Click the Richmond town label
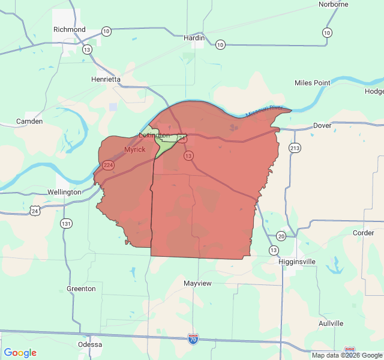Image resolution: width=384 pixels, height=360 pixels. [x=70, y=29]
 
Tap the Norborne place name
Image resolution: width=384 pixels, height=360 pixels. [x=334, y=4]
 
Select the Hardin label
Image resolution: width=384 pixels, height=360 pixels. [x=194, y=38]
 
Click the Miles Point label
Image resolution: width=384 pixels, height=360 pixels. [x=313, y=83]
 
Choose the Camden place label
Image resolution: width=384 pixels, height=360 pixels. [x=29, y=121]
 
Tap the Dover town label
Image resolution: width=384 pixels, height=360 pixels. [x=322, y=126]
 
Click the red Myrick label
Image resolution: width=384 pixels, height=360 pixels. [x=134, y=149]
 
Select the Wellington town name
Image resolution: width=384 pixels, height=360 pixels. [x=64, y=192]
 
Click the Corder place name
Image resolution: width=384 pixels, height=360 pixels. [x=364, y=233]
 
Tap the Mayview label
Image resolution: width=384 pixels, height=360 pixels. [x=197, y=283]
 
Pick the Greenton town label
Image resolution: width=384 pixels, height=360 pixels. [x=81, y=289]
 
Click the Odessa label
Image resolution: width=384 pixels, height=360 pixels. [x=90, y=344]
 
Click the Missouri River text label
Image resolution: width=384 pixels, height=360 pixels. [x=264, y=111]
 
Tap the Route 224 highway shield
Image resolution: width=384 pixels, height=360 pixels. [x=108, y=165]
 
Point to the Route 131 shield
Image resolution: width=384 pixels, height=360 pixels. [x=66, y=223]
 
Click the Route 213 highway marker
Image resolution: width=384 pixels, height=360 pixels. [x=295, y=148]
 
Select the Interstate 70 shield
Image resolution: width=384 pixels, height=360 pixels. [x=193, y=339]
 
